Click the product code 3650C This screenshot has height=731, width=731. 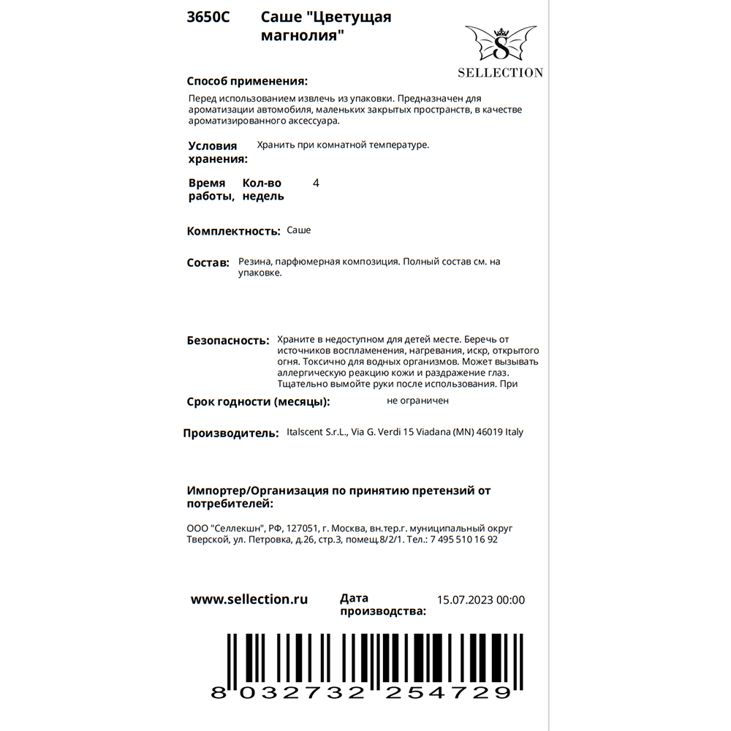[208, 18]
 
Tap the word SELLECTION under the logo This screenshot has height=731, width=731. [500, 72]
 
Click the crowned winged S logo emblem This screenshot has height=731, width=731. [501, 44]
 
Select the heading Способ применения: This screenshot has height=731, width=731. [247, 81]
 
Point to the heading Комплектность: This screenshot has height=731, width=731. [234, 231]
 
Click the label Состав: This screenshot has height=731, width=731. [208, 262]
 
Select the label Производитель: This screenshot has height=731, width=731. [231, 433]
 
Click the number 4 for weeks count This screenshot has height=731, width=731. [316, 183]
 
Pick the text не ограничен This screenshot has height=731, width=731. [418, 401]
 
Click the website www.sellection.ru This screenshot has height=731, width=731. [249, 599]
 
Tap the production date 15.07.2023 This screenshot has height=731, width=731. [465, 600]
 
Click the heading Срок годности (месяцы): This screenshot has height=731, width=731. [258, 401]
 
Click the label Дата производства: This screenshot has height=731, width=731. [382, 605]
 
